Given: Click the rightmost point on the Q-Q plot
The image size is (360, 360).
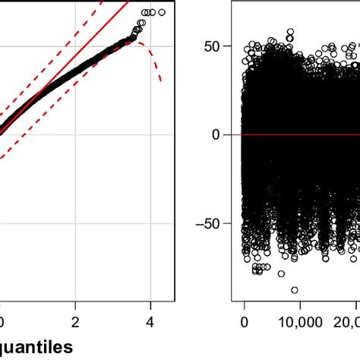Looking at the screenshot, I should [161, 12].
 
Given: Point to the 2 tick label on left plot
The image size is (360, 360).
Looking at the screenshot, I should [76, 321].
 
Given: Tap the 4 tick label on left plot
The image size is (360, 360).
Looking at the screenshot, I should [150, 321].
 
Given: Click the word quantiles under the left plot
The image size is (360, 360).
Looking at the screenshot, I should [37, 347].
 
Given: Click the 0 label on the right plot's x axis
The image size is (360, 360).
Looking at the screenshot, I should [245, 322].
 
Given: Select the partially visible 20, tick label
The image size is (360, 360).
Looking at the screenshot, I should [347, 322].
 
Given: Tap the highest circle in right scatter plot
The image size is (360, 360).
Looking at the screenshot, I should [290, 33].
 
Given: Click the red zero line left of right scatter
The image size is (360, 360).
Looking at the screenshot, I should [236, 134].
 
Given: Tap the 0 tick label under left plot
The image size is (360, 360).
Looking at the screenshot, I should [2, 321].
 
